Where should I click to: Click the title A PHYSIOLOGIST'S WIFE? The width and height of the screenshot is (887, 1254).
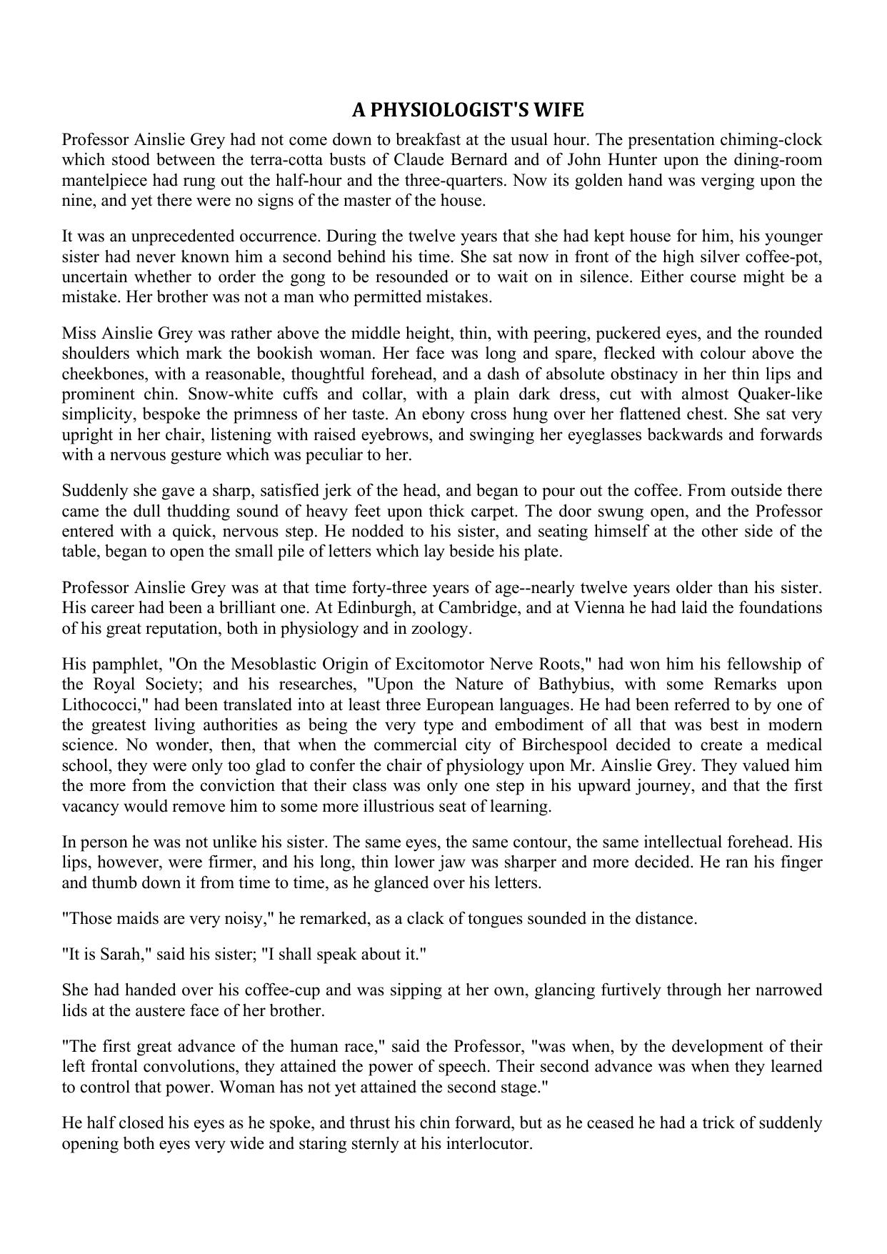[x=468, y=111]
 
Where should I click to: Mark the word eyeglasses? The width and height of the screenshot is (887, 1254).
[x=602, y=434]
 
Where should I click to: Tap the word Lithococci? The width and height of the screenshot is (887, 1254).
[x=103, y=705]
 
